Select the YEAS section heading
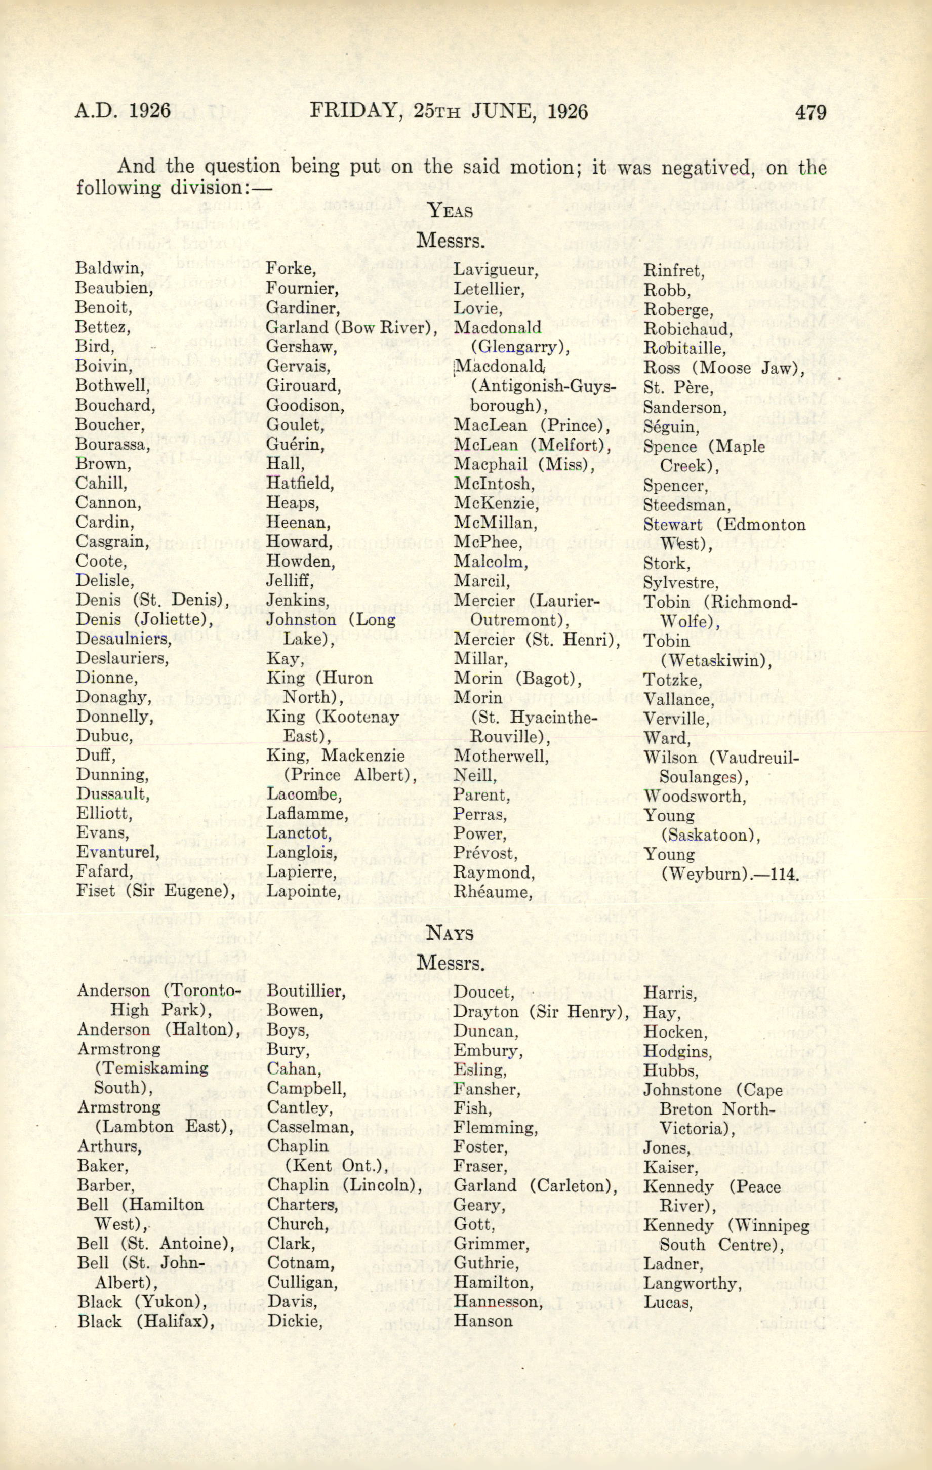tap(451, 211)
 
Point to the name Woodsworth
tap(695, 796)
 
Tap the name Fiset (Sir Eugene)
tap(147, 891)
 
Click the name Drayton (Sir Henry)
tap(541, 1012)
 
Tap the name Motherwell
tap(501, 757)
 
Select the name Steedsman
tap(686, 505)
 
